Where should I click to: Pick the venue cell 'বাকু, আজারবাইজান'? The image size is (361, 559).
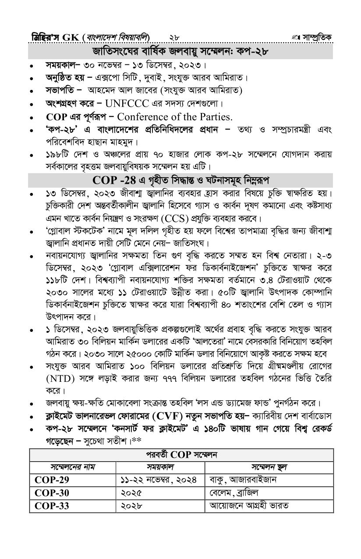coord(243,480)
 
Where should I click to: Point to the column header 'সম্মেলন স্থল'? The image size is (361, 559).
coord(269,467)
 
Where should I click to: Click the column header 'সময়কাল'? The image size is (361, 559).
coord(161,467)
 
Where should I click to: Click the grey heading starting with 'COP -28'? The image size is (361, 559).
coord(181,180)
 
